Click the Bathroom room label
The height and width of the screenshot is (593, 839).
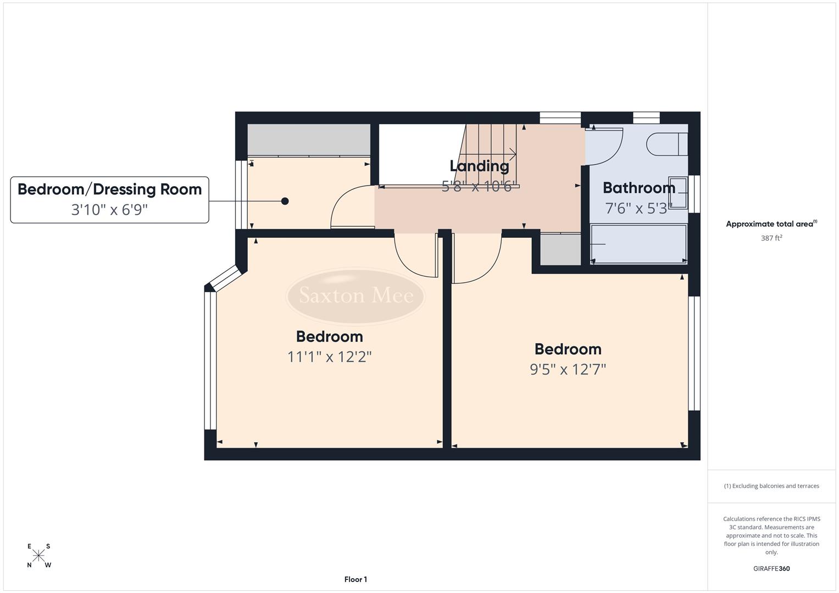coord(638,188)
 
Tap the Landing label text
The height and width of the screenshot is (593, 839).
coord(479,166)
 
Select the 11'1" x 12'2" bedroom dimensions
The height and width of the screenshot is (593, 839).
coord(330,357)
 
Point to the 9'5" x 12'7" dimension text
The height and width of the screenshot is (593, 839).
coord(568,370)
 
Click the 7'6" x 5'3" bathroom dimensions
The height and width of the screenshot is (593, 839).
coord(638,209)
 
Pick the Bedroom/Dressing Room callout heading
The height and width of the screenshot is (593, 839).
coord(110,189)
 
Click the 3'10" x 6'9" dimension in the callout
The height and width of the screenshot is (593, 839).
coord(110,210)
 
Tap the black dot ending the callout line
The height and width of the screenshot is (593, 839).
coord(285,202)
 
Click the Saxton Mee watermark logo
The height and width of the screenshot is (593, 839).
coord(355,296)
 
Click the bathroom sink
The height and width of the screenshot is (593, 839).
coord(677,193)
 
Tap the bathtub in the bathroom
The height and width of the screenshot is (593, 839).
coord(638,244)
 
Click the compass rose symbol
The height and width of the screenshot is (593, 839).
coord(38,556)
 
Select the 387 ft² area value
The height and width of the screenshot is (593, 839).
coord(771,238)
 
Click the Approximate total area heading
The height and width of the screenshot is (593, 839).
coord(771,223)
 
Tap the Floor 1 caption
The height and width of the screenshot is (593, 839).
coord(355,579)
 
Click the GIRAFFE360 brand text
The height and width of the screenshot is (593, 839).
coord(771,568)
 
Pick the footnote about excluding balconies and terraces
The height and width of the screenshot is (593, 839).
coord(771,486)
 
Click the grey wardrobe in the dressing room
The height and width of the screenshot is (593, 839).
coord(308,139)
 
